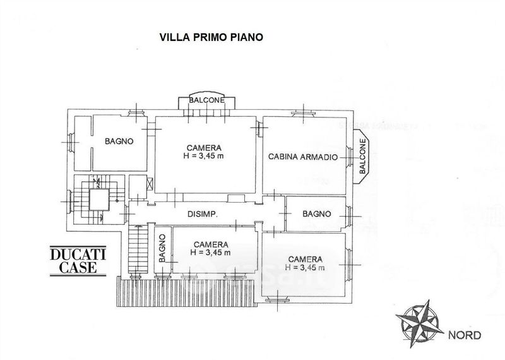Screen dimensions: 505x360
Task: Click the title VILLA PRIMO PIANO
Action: pyautogui.click(x=211, y=37)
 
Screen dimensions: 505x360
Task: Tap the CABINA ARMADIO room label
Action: pyautogui.click(x=303, y=157)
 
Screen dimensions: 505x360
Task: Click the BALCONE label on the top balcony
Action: pyautogui.click(x=207, y=100)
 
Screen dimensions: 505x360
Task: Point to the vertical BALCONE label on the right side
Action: pyautogui.click(x=362, y=156)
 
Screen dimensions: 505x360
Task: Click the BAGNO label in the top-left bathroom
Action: pyautogui.click(x=119, y=141)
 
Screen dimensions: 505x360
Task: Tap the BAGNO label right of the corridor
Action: pyautogui.click(x=317, y=213)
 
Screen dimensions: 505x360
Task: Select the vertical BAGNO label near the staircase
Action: pyautogui.click(x=162, y=248)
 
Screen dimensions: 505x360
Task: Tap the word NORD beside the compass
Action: pyautogui.click(x=465, y=335)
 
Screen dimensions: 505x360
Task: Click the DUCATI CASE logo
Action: pyautogui.click(x=78, y=261)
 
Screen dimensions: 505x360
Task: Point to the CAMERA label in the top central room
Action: pyautogui.click(x=204, y=148)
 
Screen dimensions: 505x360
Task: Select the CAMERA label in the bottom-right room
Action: pyautogui.click(x=305, y=259)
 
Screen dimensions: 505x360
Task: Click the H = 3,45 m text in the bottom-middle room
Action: pyautogui.click(x=210, y=253)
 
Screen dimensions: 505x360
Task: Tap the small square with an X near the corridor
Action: pyautogui.click(x=150, y=184)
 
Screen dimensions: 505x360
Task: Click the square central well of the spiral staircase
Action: pyautogui.click(x=99, y=200)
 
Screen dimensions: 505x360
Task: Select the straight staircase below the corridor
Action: pyautogui.click(x=138, y=249)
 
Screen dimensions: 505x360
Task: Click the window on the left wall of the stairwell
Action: pyautogui.click(x=69, y=201)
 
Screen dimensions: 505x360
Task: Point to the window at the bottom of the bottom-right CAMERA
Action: pyautogui.click(x=277, y=299)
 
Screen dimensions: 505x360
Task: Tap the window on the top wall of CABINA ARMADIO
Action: pyautogui.click(x=304, y=113)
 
